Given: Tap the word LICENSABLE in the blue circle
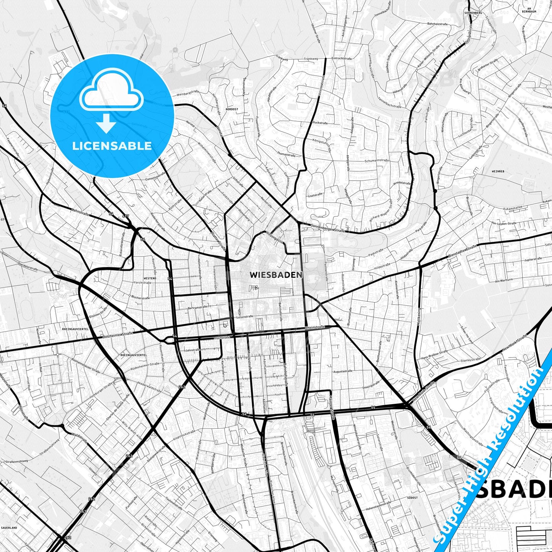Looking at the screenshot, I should [112, 146].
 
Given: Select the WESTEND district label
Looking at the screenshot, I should [149, 278].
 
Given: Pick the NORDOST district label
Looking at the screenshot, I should [231, 109].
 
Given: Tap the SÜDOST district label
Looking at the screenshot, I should [412, 498].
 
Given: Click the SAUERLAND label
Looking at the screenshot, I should [9, 528].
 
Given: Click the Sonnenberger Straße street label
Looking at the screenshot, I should [328, 228].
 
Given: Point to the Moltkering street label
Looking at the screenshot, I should [419, 316].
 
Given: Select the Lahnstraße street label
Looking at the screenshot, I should [80, 212].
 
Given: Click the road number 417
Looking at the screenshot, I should [126, 217].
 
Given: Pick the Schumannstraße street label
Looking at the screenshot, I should [376, 161].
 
